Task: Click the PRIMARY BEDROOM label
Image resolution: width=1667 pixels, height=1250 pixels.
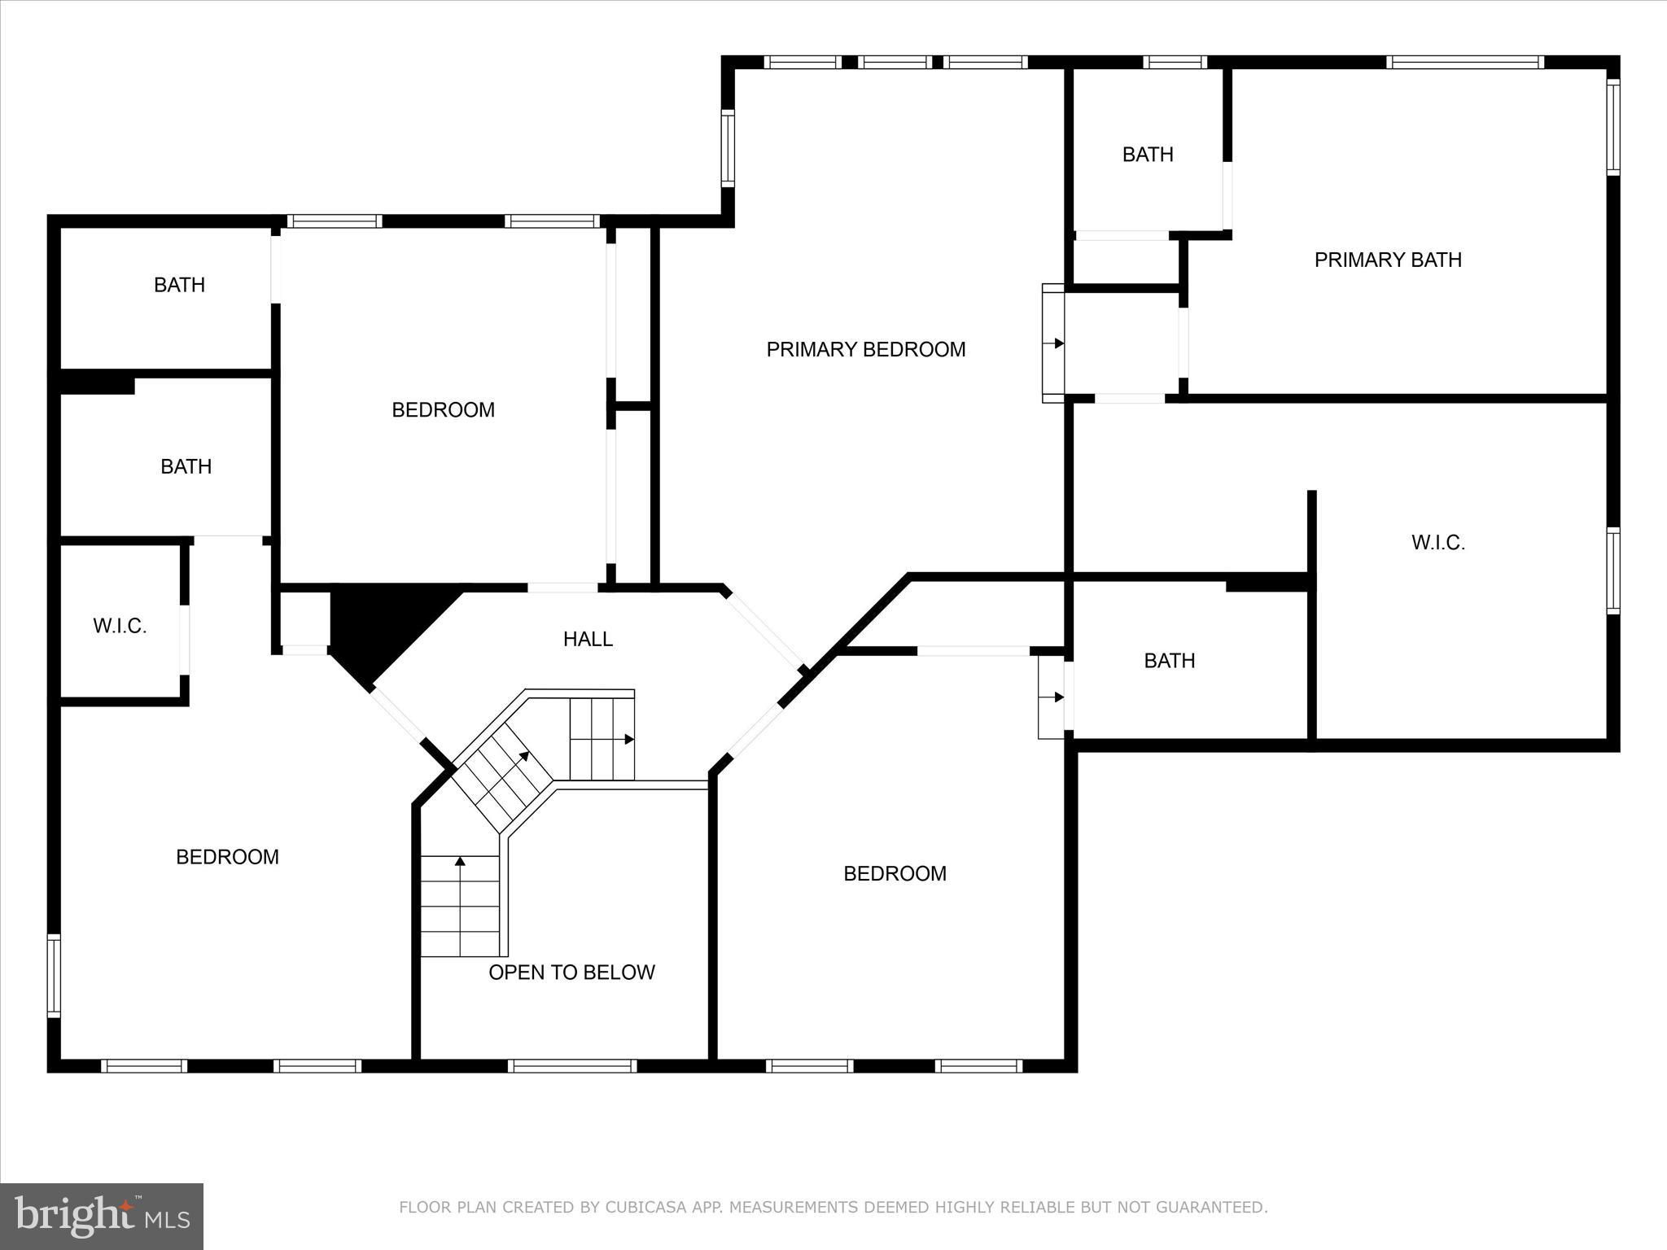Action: click(x=866, y=349)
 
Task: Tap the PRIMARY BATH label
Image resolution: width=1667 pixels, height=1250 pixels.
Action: click(x=1388, y=260)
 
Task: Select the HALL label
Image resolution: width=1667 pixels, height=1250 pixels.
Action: click(x=588, y=639)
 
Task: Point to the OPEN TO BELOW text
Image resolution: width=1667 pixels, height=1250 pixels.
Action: click(x=571, y=972)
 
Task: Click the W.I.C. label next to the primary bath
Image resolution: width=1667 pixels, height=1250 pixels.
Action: click(x=1438, y=543)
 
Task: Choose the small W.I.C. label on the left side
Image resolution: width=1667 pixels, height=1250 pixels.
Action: click(x=120, y=626)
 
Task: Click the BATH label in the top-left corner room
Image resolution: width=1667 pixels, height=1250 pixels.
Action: click(x=179, y=285)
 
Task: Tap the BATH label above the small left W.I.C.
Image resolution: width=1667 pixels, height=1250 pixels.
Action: click(x=186, y=466)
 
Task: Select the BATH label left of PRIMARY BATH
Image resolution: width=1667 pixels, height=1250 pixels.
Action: click(x=1148, y=155)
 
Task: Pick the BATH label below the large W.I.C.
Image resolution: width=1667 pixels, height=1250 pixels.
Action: click(x=1170, y=660)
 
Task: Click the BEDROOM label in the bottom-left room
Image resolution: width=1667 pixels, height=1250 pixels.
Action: click(x=227, y=857)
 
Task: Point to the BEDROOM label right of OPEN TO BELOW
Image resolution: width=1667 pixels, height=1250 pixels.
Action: click(x=895, y=874)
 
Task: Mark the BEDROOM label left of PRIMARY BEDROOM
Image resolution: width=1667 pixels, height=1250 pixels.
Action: click(x=443, y=409)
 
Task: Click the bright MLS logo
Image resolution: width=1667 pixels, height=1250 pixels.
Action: click(x=102, y=1217)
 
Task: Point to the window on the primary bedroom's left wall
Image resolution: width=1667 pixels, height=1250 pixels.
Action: click(x=728, y=149)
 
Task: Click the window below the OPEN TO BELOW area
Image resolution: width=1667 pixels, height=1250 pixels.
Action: click(x=572, y=1065)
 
